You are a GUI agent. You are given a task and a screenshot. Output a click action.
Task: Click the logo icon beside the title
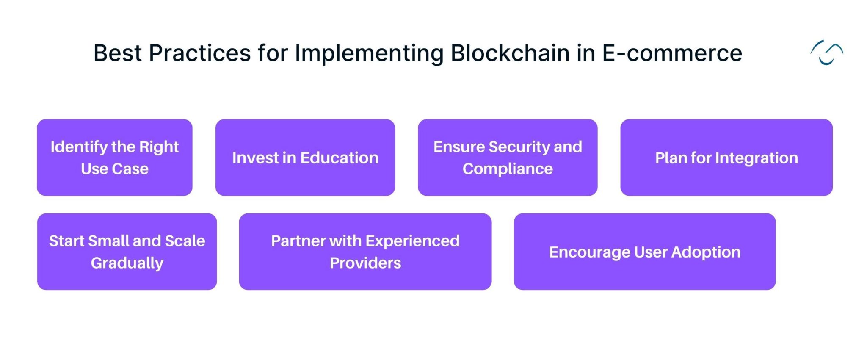(x=826, y=53)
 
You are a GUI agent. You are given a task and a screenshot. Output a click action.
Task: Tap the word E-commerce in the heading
(x=672, y=53)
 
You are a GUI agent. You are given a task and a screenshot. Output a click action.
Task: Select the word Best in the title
(x=118, y=53)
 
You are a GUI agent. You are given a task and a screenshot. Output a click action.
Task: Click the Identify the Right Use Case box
(x=115, y=157)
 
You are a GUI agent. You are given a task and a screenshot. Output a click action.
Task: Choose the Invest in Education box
(x=305, y=157)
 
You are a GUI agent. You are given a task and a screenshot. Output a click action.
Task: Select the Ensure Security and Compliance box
(x=507, y=157)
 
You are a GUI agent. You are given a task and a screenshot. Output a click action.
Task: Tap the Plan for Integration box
(x=726, y=157)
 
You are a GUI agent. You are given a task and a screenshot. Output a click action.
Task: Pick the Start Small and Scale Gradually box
(x=127, y=252)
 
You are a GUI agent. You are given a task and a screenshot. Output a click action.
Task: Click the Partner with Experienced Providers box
(x=365, y=252)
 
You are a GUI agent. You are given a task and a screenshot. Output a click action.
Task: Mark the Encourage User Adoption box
(x=644, y=252)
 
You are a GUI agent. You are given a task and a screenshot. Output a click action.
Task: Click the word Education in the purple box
(x=339, y=158)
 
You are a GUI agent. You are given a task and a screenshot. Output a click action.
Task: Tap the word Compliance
(x=508, y=169)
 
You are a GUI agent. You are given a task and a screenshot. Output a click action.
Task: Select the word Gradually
(x=127, y=263)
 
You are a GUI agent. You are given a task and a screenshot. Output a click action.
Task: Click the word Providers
(x=365, y=263)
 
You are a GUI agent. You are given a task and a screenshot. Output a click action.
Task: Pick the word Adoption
(x=706, y=252)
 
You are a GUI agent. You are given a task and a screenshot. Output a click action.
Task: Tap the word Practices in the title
(x=200, y=53)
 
